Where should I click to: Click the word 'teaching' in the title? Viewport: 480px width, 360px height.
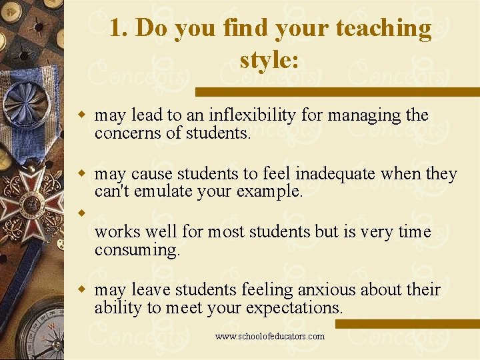tap(383, 29)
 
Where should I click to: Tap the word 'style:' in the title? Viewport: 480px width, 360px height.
tap(269, 61)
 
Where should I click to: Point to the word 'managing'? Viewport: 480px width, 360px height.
tap(363, 115)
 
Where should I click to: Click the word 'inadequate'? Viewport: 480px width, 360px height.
tap(335, 174)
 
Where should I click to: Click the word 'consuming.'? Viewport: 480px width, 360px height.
tap(137, 250)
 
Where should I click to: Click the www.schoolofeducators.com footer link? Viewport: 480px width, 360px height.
tap(270, 336)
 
